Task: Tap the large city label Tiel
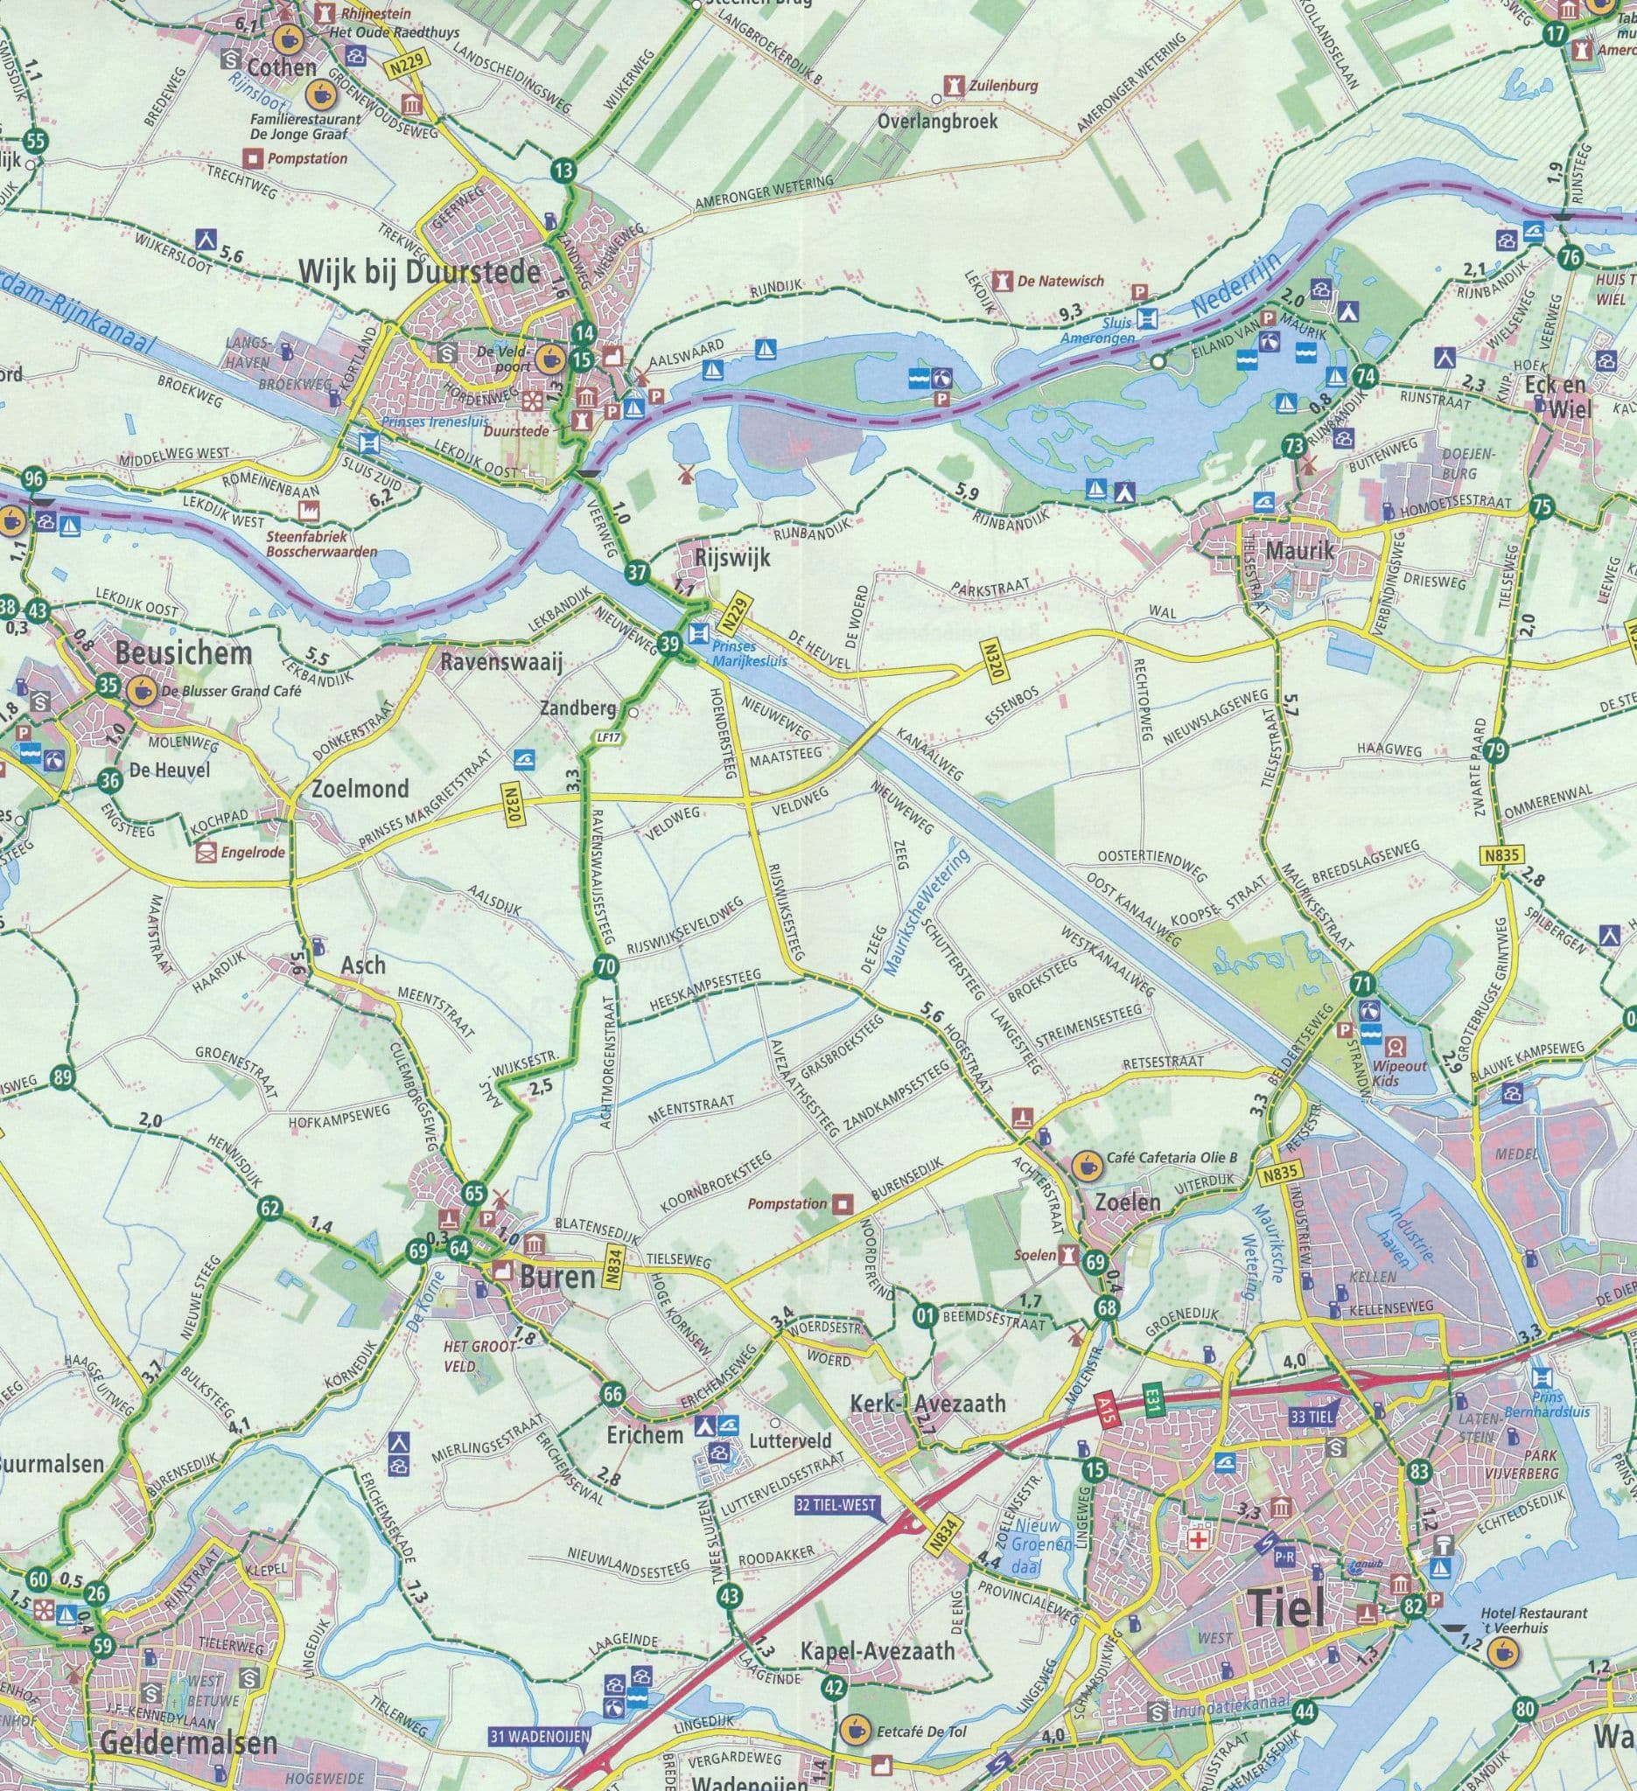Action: coord(1286,1607)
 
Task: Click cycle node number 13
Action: coord(563,171)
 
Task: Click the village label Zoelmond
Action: coord(360,788)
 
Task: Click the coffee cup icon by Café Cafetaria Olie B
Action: coord(1084,1165)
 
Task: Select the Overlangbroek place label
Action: coord(938,121)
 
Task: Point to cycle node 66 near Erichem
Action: coord(612,1393)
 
